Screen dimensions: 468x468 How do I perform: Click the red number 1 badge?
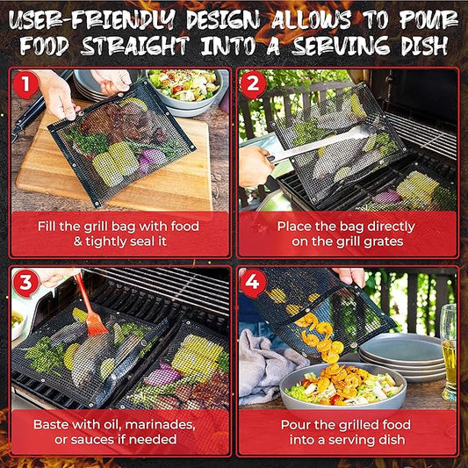tap(25, 84)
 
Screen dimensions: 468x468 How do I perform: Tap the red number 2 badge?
tap(253, 84)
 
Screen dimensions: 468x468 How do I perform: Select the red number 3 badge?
tap(25, 283)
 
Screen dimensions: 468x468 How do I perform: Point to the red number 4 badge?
tap(252, 283)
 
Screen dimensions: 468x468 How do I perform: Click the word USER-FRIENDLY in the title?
tap(92, 20)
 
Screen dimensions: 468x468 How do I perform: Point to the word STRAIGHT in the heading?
tap(135, 46)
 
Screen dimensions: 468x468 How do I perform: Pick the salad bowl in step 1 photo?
tap(185, 88)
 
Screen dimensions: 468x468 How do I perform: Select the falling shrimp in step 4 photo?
tap(322, 337)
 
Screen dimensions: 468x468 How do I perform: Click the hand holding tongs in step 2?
tap(256, 165)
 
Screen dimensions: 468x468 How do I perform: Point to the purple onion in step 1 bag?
tap(152, 159)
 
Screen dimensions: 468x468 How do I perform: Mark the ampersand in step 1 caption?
tap(77, 241)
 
